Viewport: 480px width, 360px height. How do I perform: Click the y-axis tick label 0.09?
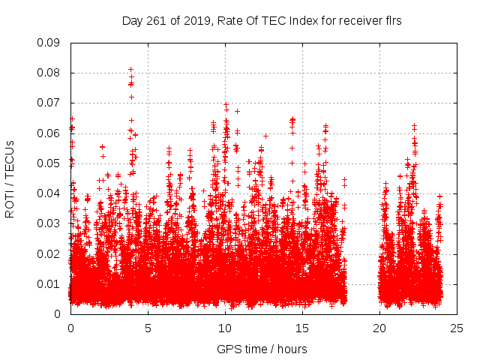click(49, 43)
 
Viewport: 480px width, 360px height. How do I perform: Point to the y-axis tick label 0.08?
click(49, 73)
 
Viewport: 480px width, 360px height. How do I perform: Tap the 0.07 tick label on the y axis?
click(49, 103)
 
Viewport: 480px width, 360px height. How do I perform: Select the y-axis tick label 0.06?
click(49, 133)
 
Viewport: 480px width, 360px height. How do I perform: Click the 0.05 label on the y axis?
click(49, 163)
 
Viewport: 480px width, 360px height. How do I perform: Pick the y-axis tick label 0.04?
click(49, 193)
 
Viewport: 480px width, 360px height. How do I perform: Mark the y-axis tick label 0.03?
click(49, 223)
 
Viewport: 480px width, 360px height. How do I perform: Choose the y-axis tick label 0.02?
click(49, 253)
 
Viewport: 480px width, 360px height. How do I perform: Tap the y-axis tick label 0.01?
click(49, 283)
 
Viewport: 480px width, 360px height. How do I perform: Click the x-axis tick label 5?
click(148, 328)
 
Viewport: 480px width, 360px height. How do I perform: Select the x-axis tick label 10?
click(225, 328)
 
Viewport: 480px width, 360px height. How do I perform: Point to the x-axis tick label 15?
click(302, 328)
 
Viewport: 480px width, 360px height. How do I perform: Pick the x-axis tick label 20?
click(379, 328)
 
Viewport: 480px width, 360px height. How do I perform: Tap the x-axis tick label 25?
click(457, 328)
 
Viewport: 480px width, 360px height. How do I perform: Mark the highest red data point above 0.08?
click(130, 70)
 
